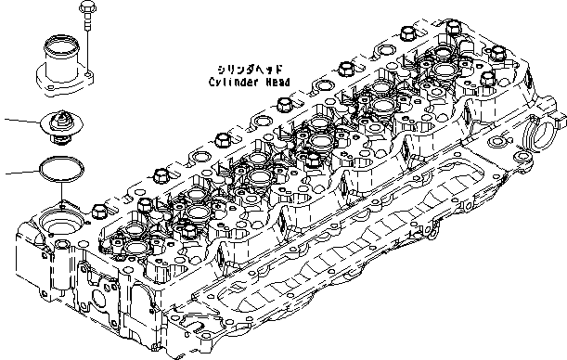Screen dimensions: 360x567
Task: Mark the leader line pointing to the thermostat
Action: [x=20, y=121]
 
